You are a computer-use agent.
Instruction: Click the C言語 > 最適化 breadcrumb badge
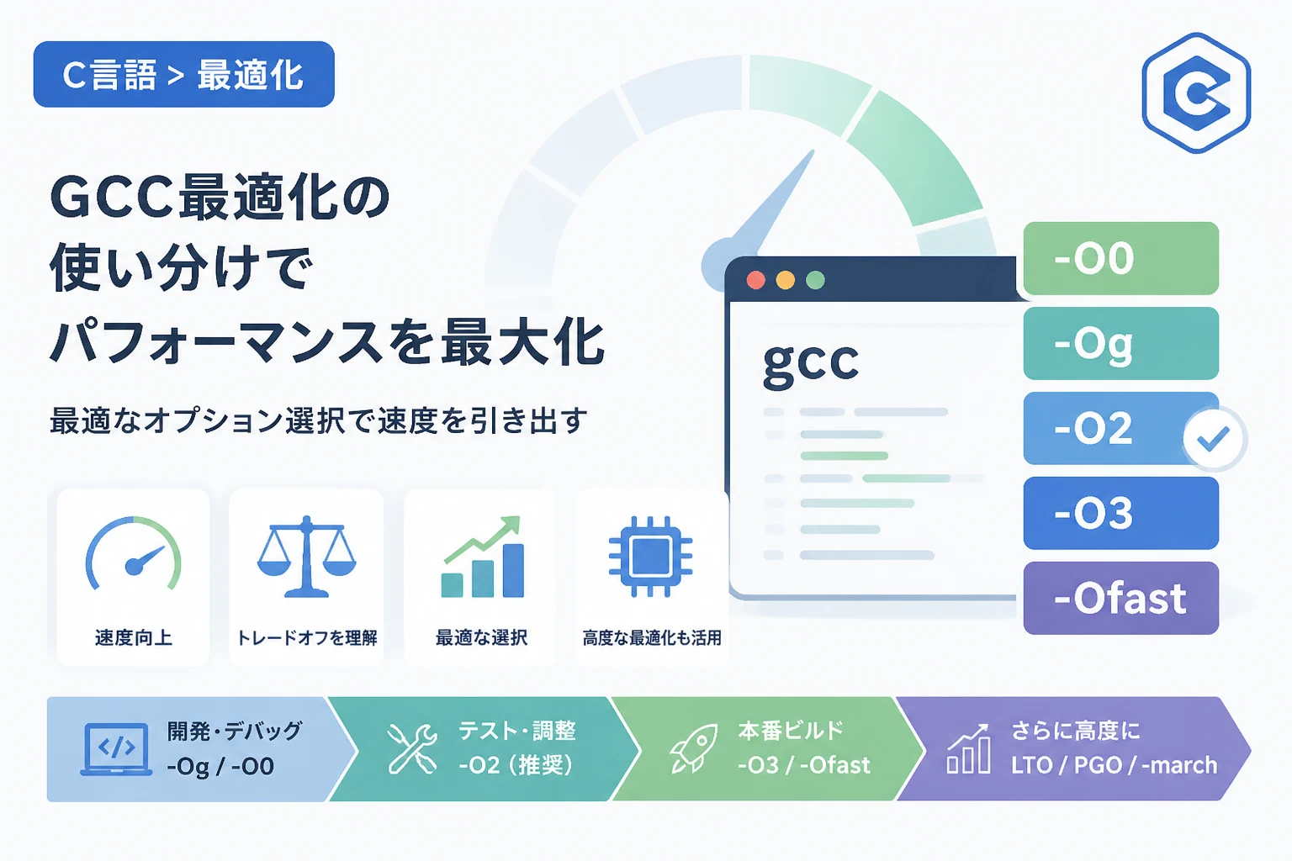click(184, 74)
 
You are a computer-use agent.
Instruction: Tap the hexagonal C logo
click(1196, 92)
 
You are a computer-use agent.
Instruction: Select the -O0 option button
click(1120, 258)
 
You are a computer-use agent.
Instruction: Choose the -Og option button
click(1120, 343)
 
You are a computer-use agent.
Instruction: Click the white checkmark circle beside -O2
click(1214, 439)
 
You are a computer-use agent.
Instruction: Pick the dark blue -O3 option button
click(1120, 513)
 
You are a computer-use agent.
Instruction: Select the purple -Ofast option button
click(1120, 598)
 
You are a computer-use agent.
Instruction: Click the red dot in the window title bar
click(755, 280)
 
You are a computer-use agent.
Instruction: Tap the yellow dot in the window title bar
click(785, 280)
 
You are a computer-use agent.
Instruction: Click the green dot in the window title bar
click(815, 280)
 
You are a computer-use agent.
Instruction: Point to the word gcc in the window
click(810, 363)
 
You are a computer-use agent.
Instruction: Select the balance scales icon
click(306, 557)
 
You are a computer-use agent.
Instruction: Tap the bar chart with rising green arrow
click(483, 557)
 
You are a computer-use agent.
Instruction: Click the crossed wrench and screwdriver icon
click(412, 748)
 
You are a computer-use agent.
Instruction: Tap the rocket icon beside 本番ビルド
click(694, 748)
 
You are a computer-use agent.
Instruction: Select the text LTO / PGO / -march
click(1114, 765)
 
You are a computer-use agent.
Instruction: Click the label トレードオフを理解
click(307, 638)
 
